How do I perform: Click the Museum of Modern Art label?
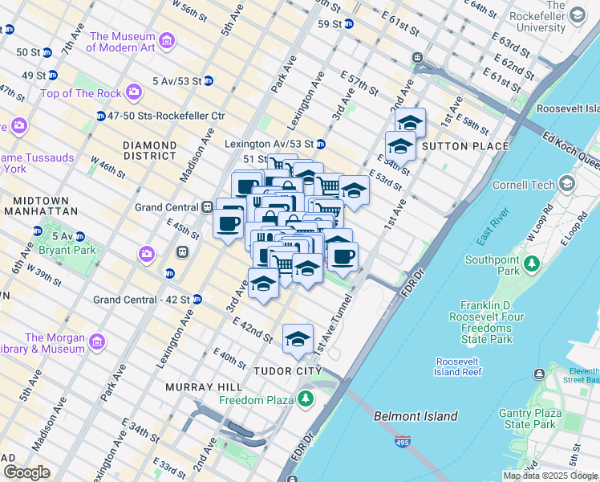point(123,42)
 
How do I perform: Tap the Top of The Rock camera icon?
point(132,93)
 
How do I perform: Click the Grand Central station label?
point(166,207)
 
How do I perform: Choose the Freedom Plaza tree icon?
point(305,398)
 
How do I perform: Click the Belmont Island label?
point(416,416)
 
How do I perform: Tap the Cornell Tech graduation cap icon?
point(568,184)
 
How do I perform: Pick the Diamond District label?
point(149,150)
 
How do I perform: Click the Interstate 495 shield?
point(401,441)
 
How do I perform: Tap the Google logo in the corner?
point(26,472)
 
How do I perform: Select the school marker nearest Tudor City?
point(298,337)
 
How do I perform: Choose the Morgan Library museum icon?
point(97,343)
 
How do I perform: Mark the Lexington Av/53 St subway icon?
point(320,145)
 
